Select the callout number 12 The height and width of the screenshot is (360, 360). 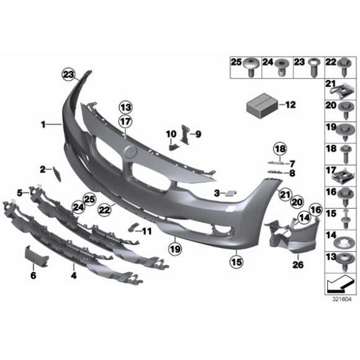[290, 104]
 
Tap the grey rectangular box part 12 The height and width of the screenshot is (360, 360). [261, 104]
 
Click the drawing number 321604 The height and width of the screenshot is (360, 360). [341, 298]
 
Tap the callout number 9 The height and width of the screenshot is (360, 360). [199, 133]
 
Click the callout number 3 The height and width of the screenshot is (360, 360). [217, 194]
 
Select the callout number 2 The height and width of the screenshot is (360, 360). [42, 168]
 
